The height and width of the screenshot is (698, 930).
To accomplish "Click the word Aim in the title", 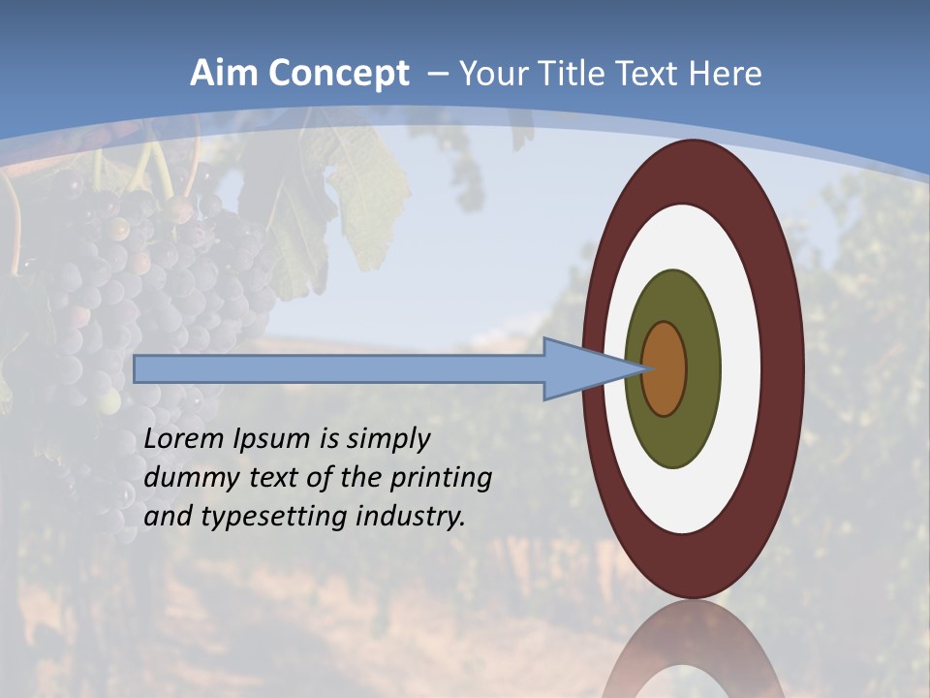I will click(x=226, y=74).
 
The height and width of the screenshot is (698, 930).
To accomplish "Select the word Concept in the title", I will click(x=339, y=74).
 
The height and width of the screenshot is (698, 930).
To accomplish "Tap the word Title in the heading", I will click(x=610, y=74).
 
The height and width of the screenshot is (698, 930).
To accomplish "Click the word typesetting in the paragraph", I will click(x=274, y=517).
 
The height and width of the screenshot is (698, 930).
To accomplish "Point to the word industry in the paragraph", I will click(x=412, y=517).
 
